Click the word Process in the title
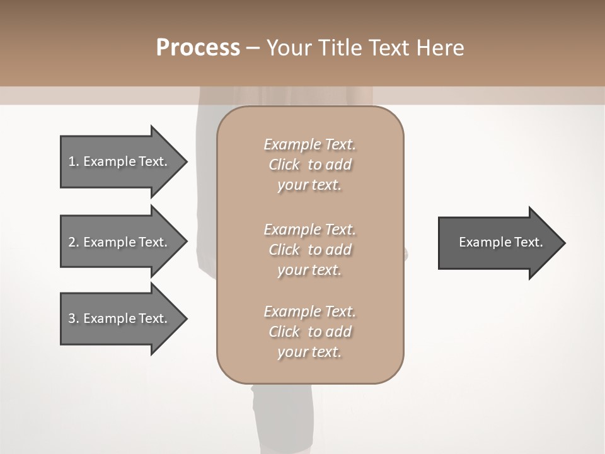(198, 48)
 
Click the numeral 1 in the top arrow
(72, 161)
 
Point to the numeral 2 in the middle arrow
(72, 242)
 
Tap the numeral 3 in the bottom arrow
(72, 318)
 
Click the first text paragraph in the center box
(309, 165)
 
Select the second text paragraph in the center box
(309, 250)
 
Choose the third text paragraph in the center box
(309, 332)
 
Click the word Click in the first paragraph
(284, 165)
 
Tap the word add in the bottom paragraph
(338, 332)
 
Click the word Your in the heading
(288, 48)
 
